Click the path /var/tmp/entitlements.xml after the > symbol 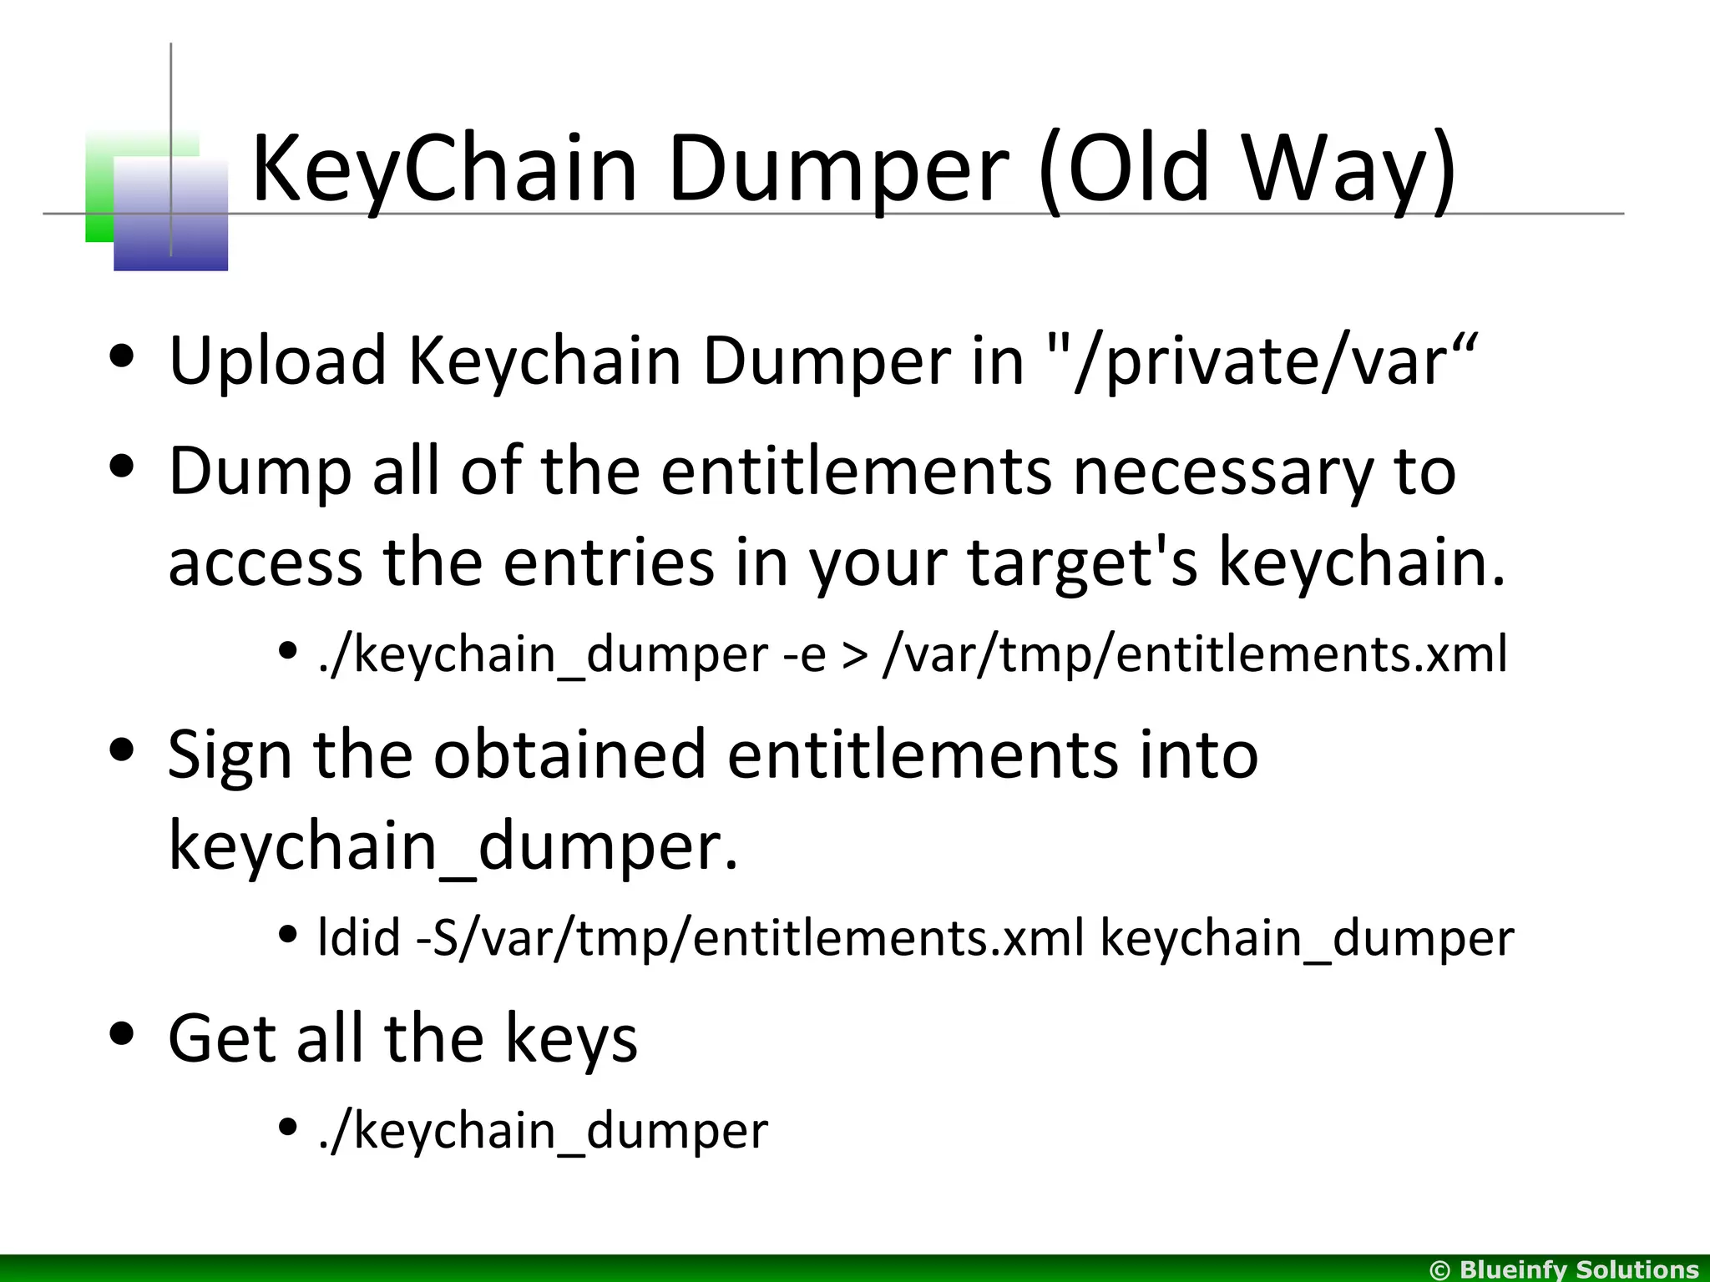pos(1195,654)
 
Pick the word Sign pos(230,756)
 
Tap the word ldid pos(359,938)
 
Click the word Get pos(223,1038)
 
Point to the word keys pos(571,1040)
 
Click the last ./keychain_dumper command pos(543,1132)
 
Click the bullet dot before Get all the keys pos(122,1034)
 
